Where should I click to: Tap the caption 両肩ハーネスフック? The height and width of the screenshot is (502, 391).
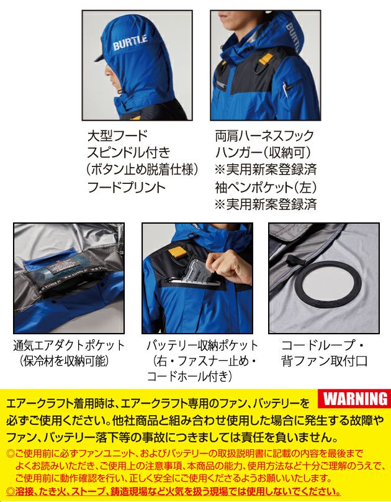(x=264, y=135)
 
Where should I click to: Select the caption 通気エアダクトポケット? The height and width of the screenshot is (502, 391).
(x=69, y=345)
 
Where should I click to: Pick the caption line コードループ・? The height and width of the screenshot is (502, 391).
(x=321, y=345)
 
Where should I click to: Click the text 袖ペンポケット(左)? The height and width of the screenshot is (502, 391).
(x=264, y=187)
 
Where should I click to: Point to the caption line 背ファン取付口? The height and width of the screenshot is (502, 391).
(x=325, y=361)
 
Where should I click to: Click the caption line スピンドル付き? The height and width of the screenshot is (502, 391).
(x=128, y=152)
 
